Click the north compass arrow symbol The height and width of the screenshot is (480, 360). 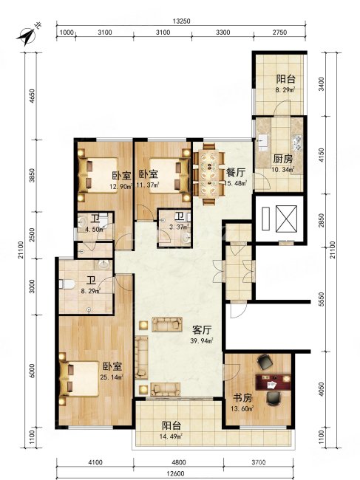(27, 36)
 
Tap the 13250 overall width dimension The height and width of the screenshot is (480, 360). (182, 21)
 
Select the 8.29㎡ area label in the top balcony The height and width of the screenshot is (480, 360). (285, 90)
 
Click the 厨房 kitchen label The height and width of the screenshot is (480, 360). (283, 159)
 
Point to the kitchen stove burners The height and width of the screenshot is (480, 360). (297, 143)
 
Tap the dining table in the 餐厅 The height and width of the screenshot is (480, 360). (209, 174)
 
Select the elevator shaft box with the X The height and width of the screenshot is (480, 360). (287, 219)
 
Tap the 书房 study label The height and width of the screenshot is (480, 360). (243, 398)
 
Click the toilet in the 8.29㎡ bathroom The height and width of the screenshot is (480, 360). (67, 284)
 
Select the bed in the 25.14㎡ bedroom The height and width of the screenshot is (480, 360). (79, 379)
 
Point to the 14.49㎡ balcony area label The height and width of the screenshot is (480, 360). (172, 436)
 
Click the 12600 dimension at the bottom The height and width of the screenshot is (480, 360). (175, 474)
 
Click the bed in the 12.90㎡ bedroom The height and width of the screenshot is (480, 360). (98, 175)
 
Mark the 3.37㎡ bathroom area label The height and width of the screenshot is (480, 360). (180, 227)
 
